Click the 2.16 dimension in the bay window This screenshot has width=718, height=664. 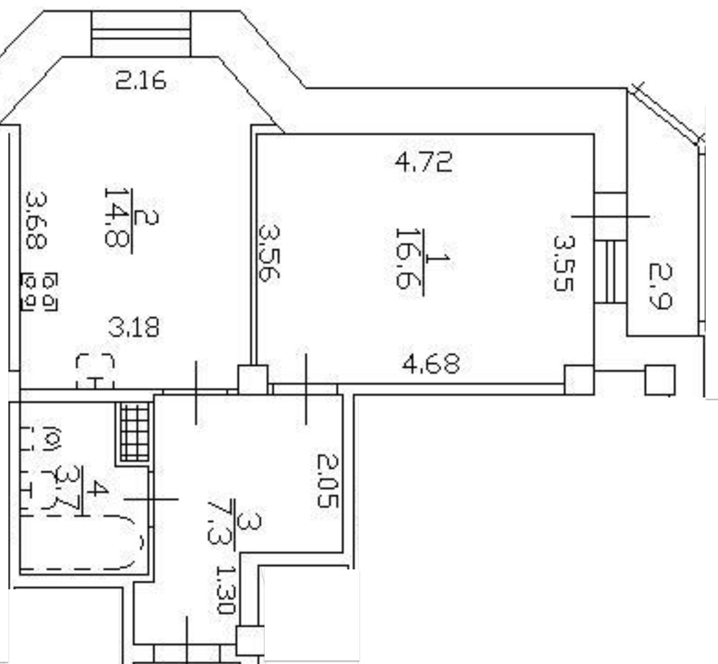point(140,82)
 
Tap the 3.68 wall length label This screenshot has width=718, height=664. point(36,220)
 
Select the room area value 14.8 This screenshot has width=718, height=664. point(117,217)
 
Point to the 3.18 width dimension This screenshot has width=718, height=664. point(134,328)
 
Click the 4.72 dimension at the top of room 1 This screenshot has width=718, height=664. point(423,162)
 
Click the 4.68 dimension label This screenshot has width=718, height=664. point(431,364)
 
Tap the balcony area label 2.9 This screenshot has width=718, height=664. point(661,286)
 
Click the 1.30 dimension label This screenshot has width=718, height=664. point(225,591)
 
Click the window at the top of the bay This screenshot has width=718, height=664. point(141,34)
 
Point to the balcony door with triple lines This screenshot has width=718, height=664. point(611,271)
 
